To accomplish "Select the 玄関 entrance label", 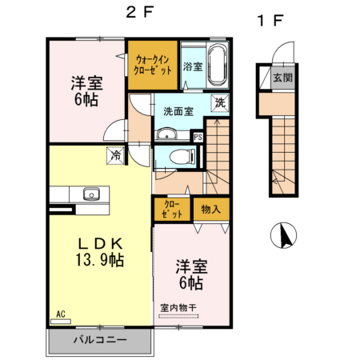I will (282, 78).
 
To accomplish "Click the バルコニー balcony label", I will (100, 340).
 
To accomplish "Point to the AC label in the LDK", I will (60, 314).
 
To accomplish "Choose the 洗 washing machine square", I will (218, 102).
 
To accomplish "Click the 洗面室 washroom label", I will (178, 112).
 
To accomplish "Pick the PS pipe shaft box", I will (197, 137).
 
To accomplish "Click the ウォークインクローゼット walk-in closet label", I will (151, 64).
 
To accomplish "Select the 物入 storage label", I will (211, 210).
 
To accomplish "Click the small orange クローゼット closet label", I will (172, 210).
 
